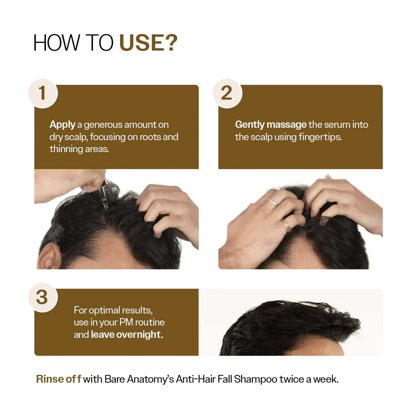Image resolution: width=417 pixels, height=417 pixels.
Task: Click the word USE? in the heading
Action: tap(148, 43)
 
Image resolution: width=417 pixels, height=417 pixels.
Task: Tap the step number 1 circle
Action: tap(42, 93)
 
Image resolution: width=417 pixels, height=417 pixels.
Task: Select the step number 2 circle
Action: tap(227, 93)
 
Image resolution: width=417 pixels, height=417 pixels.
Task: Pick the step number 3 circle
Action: tap(42, 297)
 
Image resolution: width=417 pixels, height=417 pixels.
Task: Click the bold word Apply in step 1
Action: tap(63, 125)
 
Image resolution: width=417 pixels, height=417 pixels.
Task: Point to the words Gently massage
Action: tap(271, 125)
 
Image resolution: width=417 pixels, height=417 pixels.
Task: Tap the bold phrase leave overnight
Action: tap(127, 334)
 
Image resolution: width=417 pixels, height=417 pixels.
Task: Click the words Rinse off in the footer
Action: tap(58, 379)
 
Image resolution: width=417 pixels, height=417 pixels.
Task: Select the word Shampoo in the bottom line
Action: tap(256, 379)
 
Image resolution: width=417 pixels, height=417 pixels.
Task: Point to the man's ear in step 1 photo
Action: tap(49, 256)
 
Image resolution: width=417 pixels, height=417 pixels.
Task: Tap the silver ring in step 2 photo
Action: tap(272, 202)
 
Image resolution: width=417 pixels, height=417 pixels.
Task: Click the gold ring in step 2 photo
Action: tap(286, 225)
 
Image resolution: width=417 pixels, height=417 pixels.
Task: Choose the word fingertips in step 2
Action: tap(320, 137)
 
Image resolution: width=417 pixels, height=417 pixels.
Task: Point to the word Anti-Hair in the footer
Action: tap(193, 379)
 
